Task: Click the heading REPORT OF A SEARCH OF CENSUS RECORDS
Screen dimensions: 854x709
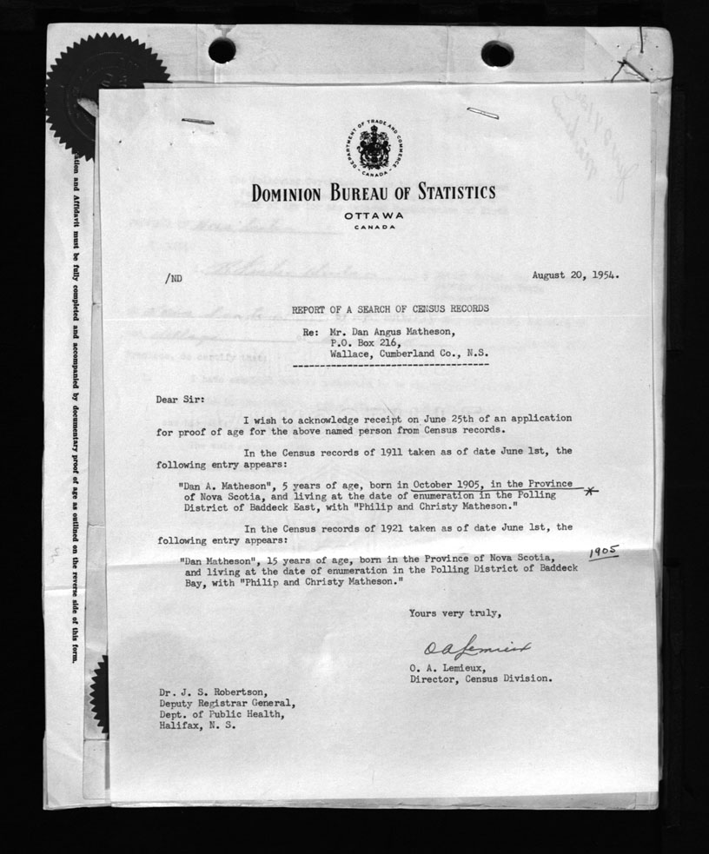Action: coord(389,308)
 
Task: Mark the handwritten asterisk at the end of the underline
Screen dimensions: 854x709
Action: coord(591,493)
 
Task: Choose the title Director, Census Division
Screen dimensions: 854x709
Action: coord(480,679)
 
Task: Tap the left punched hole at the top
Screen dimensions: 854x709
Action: coord(222,50)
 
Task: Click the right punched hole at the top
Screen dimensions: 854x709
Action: coord(497,54)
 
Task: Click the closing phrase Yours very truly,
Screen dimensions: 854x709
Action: coord(454,613)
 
